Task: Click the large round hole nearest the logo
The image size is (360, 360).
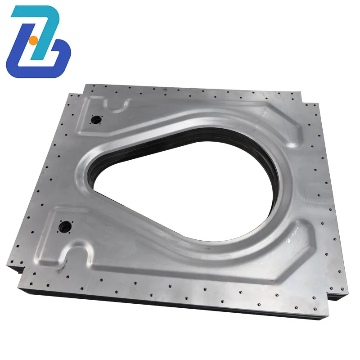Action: [95, 120]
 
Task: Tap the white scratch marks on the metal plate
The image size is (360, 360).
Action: [292, 234]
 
